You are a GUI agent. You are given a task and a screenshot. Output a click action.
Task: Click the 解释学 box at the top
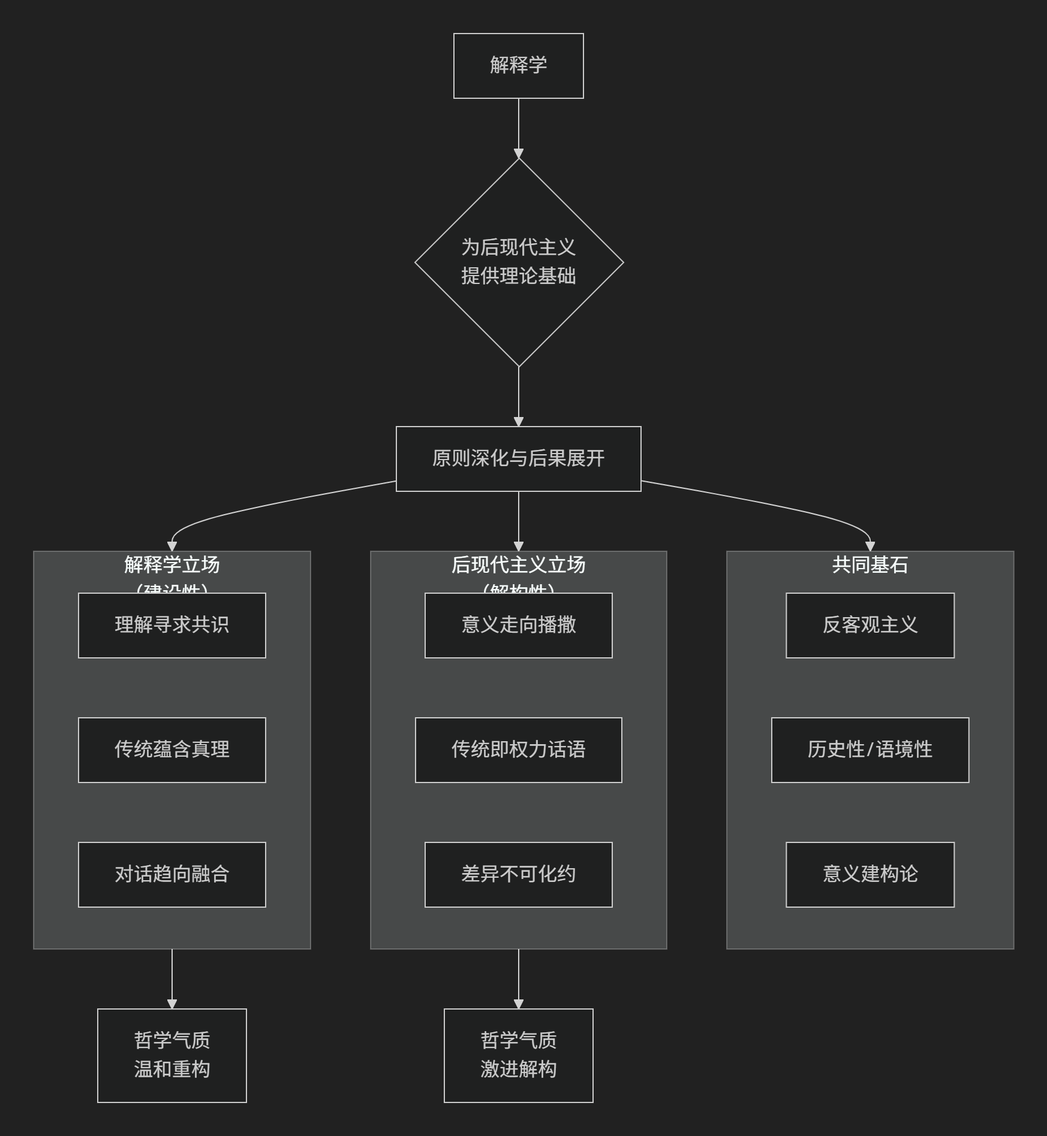tap(518, 65)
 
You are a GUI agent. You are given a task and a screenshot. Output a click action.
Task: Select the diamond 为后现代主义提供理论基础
tap(519, 262)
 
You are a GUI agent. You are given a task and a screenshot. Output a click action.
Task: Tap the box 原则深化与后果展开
tap(518, 458)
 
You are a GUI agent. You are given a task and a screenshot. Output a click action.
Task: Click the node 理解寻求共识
tap(172, 625)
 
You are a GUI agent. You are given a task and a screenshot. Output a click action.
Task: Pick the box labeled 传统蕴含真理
tap(172, 750)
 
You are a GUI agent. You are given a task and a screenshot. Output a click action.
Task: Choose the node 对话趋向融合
tap(172, 874)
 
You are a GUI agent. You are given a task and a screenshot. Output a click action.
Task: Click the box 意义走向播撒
tap(518, 625)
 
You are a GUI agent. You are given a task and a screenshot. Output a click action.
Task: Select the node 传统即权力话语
tap(518, 750)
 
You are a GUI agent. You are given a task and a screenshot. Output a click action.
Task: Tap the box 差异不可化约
tap(518, 874)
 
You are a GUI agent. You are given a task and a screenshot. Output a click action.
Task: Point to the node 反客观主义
tap(870, 625)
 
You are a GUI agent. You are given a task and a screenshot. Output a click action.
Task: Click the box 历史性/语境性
tap(870, 750)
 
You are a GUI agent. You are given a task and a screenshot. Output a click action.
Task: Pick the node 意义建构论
tap(870, 874)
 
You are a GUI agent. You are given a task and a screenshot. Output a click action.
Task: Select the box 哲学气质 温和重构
tap(172, 1055)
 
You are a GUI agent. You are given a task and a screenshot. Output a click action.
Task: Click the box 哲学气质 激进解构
tap(518, 1055)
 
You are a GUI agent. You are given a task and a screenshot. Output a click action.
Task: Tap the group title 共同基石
tap(870, 565)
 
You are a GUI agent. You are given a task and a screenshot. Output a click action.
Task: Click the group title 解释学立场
tap(172, 565)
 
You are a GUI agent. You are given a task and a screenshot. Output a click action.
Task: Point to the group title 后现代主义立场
tap(518, 565)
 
